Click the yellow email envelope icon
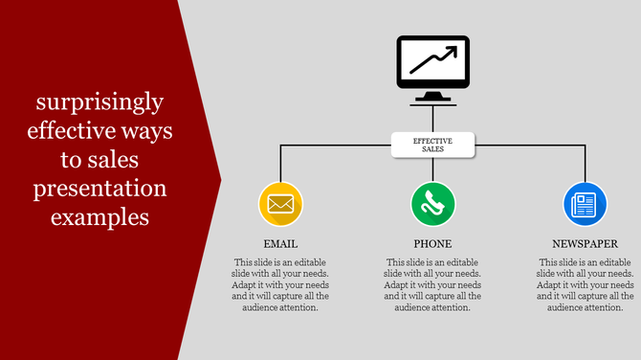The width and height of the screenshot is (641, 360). (280, 203)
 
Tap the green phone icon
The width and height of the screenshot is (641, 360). (433, 203)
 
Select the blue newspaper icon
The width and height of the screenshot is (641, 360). (586, 203)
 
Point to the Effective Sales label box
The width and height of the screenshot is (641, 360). (432, 145)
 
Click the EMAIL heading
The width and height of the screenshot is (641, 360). (280, 244)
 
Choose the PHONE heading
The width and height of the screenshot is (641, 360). (433, 244)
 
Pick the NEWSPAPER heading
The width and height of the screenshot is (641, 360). (586, 244)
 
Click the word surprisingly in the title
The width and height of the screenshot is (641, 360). (99, 101)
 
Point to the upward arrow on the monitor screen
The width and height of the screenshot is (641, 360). (432, 61)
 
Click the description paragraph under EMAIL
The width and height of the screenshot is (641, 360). (280, 284)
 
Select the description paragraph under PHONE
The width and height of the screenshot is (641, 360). (433, 284)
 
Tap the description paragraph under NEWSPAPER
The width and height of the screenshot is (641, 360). (586, 284)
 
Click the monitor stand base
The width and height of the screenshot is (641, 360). (432, 99)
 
